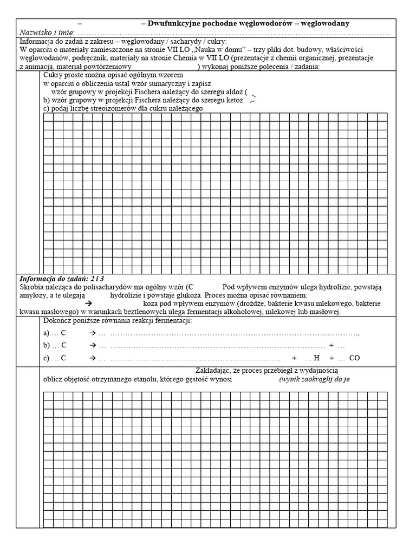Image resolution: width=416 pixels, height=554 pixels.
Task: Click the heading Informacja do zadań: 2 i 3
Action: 62,278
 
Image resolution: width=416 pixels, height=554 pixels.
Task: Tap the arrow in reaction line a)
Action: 93,333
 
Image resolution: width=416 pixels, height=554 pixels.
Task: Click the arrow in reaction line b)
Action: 93,346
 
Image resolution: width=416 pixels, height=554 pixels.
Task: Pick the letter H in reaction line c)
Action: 317,358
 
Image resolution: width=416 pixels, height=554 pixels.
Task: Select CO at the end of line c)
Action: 354,358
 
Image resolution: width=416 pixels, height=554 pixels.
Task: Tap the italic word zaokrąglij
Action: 320,380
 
